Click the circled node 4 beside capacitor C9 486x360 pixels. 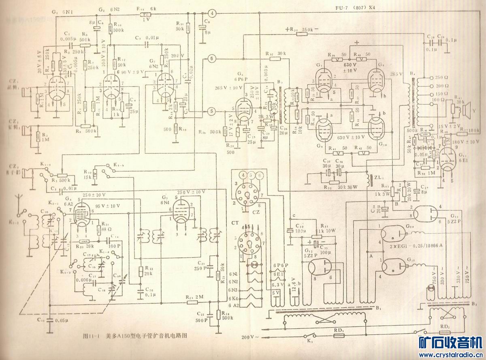(x=214, y=13)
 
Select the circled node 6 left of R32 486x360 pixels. (x=212, y=59)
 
